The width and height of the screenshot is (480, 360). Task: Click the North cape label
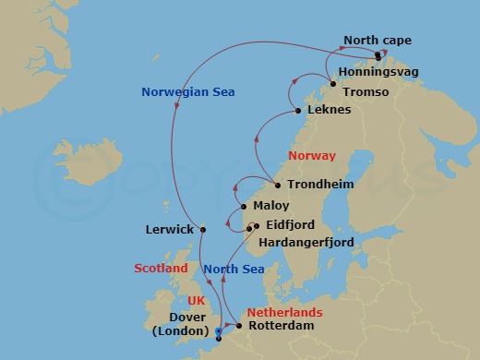coord(378,40)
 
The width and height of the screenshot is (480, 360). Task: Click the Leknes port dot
coord(297,112)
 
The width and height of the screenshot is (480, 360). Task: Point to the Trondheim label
coord(320,185)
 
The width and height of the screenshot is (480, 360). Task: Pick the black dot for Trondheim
coord(278,185)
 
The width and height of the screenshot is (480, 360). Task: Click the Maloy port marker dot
coord(244,206)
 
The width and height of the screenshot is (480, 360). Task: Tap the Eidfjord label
coord(289,224)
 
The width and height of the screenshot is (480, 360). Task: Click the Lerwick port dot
coord(202,229)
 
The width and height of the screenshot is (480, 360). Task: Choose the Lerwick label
coord(169,229)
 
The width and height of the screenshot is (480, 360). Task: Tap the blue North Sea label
coord(234,269)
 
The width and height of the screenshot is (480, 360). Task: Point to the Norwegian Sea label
coord(187,91)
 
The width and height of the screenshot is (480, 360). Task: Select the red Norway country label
coord(312,155)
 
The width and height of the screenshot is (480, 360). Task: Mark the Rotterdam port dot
coord(239,326)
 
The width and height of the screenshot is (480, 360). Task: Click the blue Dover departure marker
coord(218,331)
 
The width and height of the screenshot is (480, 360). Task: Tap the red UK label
coord(196,301)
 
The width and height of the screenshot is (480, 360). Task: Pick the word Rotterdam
coord(282,326)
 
